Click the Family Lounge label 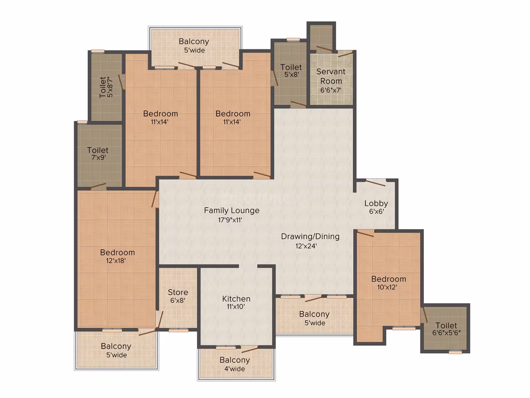click(232, 210)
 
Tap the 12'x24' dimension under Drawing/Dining click(306, 246)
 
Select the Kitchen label click(236, 299)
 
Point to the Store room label click(178, 292)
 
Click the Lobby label click(376, 204)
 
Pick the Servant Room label click(331, 76)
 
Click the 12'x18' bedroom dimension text click(116, 261)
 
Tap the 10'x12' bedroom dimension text click(387, 287)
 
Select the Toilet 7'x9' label click(98, 153)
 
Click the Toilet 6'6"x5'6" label click(446, 329)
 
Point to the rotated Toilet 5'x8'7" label click(106, 87)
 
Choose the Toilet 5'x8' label click(291, 70)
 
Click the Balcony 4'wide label click(234, 364)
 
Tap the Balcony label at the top click(194, 46)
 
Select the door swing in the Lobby click(376, 183)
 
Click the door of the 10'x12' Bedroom click(366, 233)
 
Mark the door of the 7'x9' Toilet click(98, 186)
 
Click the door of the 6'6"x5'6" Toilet click(425, 315)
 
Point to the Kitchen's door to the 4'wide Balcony click(250, 349)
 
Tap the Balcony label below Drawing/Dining click(314, 318)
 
